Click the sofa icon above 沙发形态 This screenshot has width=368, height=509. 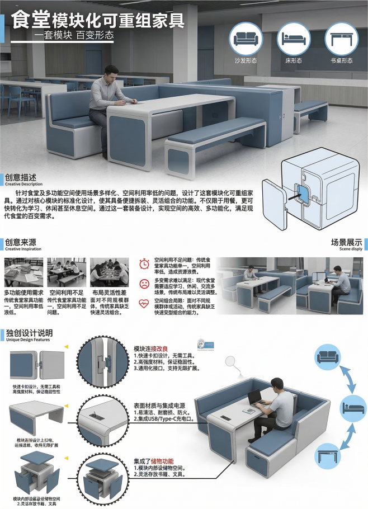coord(246,38)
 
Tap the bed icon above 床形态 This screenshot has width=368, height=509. coord(294,38)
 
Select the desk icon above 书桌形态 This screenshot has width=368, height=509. coord(341,38)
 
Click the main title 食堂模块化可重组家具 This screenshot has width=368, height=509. coord(98,20)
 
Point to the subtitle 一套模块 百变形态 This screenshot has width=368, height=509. coord(73,35)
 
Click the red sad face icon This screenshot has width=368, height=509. coord(144,283)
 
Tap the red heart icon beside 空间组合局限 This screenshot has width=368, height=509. coord(144,303)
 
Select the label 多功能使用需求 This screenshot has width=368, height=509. coord(24,293)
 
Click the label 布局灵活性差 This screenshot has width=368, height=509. coord(109,293)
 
